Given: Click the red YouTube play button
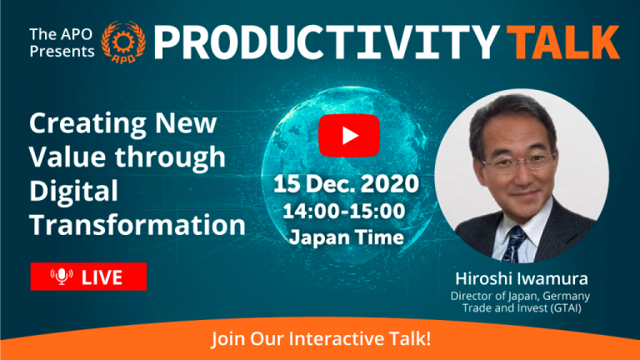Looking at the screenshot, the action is tap(349, 136).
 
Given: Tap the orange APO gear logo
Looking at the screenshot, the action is tap(122, 42).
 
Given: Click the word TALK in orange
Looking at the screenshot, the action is tap(566, 42).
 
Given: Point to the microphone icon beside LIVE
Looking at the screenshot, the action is tap(62, 277).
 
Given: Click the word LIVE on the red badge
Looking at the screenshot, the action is tap(102, 277).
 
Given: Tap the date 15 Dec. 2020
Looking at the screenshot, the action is tap(346, 183).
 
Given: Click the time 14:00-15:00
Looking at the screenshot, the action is tap(344, 211).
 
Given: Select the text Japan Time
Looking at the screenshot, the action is tap(347, 237).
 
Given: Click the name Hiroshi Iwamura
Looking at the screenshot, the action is tap(521, 279).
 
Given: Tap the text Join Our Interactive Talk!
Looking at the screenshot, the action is tap(321, 339).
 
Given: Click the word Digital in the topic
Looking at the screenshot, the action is tap(74, 191).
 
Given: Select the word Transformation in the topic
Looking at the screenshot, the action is tap(137, 225).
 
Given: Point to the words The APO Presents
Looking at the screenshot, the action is tap(62, 42).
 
